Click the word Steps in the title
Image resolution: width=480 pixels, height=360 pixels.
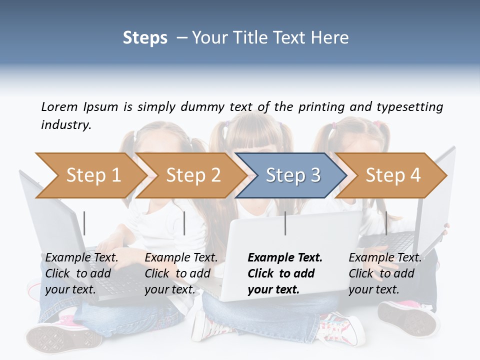coord(145,37)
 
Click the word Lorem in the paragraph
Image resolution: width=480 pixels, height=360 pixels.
coord(59,106)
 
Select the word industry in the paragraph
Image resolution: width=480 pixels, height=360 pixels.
coord(65,124)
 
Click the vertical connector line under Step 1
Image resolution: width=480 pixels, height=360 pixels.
coord(84,223)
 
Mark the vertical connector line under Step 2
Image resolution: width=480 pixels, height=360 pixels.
coord(184,223)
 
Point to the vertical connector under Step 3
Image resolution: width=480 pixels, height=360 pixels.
coord(285,223)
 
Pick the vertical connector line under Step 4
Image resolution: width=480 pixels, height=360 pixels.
coord(386,223)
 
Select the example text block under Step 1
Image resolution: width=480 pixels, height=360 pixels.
coord(81,273)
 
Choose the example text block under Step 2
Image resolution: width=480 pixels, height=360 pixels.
coord(181,273)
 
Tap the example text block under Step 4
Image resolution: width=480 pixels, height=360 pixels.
coord(385,273)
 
